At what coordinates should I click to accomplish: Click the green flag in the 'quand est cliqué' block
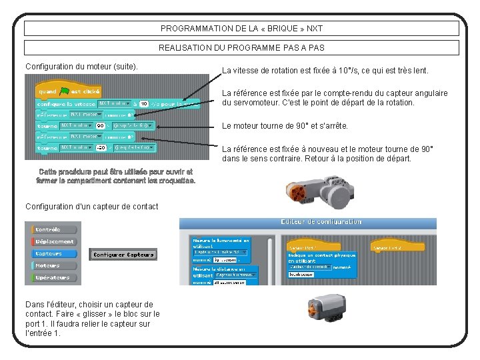point(64,91)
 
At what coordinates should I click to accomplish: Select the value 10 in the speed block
point(143,104)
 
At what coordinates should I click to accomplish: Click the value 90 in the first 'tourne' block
point(100,125)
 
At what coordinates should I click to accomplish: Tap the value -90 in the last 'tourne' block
point(101,148)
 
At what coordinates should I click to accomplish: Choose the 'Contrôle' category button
point(49,229)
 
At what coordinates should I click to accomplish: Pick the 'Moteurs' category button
point(47,265)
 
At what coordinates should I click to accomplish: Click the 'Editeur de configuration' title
point(321,223)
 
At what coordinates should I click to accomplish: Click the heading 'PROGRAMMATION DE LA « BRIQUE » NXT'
point(241,29)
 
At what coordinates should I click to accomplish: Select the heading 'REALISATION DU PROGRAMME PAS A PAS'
point(241,48)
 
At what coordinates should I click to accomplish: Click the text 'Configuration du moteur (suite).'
point(81,67)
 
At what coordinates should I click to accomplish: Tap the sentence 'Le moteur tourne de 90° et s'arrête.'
point(294,126)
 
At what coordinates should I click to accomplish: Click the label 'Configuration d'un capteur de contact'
point(92,207)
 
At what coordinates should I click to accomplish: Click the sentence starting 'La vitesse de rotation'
point(325,71)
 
